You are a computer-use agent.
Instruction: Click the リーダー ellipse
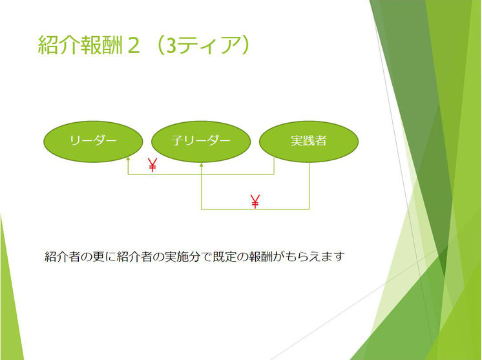[93, 142]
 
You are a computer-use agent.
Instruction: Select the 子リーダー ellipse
[201, 142]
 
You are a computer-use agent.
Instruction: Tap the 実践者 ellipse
[309, 142]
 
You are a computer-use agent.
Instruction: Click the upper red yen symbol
[152, 165]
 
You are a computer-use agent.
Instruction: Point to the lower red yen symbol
[255, 202]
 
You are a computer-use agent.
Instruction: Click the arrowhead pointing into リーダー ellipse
[128, 158]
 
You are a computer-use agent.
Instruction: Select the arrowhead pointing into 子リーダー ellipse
[202, 165]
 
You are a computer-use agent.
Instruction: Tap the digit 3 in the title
[171, 46]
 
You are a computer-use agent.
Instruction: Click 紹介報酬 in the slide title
[81, 45]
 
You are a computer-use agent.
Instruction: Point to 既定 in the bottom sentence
[225, 257]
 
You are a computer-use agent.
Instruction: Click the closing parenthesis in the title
[244, 45]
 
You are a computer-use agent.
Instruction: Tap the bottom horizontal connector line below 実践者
[255, 209]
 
